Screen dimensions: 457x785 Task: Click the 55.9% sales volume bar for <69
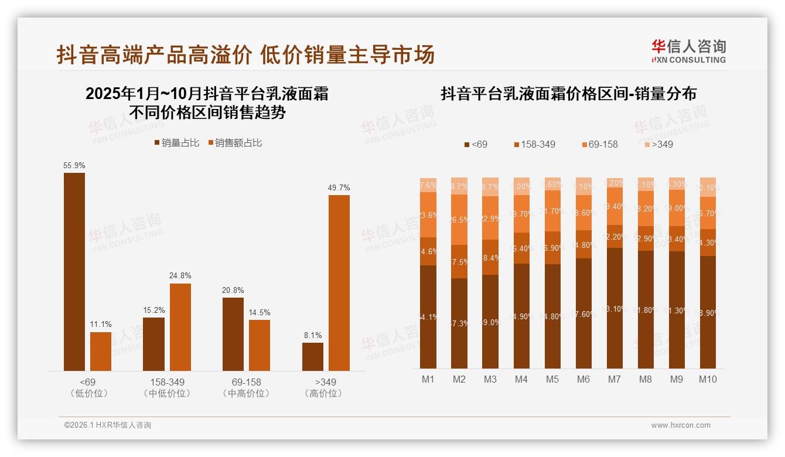[74, 271]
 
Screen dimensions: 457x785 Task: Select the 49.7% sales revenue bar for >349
[339, 282]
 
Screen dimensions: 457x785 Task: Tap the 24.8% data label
[180, 275]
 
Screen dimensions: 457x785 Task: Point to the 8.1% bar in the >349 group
[313, 356]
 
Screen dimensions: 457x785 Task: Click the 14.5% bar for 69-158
[260, 345]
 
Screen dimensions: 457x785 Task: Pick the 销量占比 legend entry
[176, 143]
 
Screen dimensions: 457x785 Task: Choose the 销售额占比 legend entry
[234, 143]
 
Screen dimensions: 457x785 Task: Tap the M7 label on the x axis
[614, 379]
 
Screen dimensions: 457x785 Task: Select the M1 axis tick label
[428, 379]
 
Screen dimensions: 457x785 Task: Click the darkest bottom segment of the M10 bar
[708, 312]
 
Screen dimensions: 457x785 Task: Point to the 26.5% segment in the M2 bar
[459, 220]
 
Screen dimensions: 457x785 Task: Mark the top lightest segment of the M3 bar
[490, 186]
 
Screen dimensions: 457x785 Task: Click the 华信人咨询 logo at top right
[688, 51]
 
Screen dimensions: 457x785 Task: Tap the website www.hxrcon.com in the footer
[681, 425]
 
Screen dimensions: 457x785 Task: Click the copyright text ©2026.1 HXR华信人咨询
[107, 425]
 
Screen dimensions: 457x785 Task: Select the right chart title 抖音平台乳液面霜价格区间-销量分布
[568, 94]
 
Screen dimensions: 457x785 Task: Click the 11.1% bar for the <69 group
[101, 351]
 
